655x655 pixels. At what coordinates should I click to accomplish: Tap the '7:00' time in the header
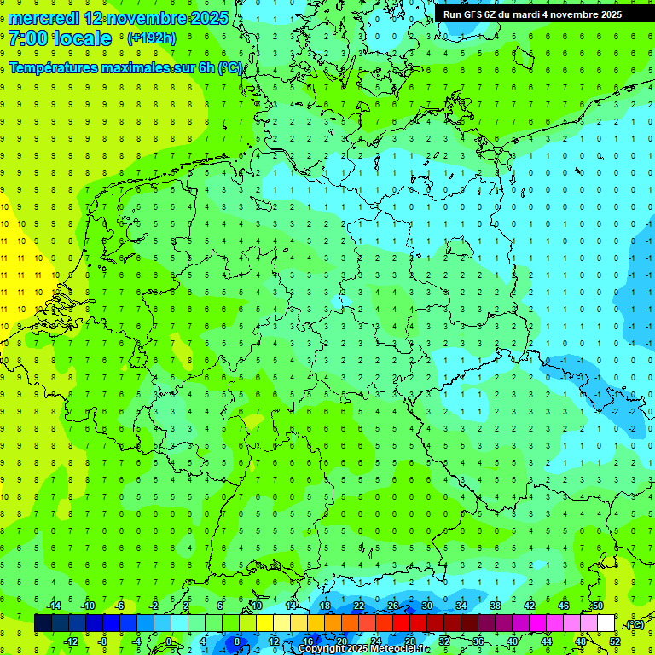tap(28, 38)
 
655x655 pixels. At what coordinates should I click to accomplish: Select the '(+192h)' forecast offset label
tap(151, 38)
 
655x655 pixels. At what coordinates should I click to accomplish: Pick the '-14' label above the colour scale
tap(54, 606)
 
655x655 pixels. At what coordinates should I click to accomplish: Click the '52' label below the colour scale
tap(615, 641)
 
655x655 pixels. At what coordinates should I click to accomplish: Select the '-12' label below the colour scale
tap(71, 641)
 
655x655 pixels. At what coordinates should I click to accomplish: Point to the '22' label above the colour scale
tap(359, 606)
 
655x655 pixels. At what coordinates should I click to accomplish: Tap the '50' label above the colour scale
tap(598, 606)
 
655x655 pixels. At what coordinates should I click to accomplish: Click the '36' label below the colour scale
tap(478, 641)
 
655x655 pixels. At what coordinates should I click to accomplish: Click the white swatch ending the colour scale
tap(606, 623)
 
